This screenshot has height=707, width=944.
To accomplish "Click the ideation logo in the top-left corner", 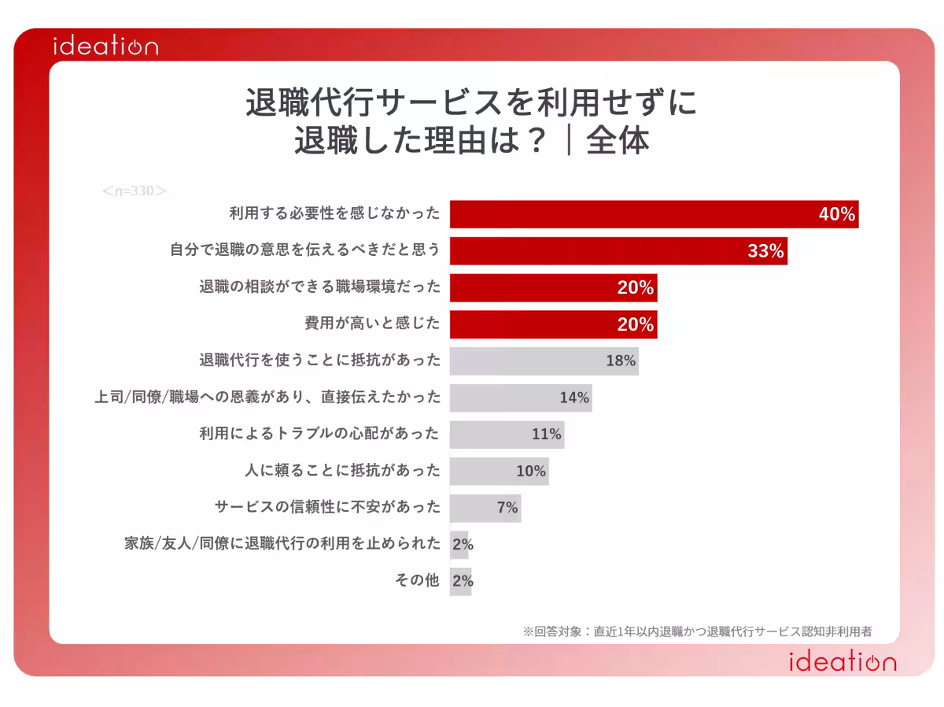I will [105, 46].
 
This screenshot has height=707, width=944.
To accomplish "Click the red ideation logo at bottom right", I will [842, 661].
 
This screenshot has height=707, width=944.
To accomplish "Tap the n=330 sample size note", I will [135, 191].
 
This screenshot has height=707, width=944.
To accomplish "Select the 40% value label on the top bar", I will [836, 214].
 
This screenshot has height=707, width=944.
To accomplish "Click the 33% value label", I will [765, 251].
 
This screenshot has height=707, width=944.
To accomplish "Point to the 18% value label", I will [620, 361].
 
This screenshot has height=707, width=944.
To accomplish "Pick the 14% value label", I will [574, 398].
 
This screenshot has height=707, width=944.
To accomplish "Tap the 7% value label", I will [507, 508].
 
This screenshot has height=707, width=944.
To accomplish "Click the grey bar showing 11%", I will [507, 435].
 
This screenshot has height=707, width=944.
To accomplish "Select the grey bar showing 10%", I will [499, 471].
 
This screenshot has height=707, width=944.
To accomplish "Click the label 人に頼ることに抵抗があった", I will [343, 471].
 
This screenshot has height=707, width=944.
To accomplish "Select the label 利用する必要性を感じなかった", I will [334, 214].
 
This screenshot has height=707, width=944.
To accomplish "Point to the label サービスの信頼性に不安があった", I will [328, 508].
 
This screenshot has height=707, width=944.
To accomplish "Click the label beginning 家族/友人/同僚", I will [282, 544].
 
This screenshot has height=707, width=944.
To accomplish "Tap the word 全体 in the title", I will [618, 142].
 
